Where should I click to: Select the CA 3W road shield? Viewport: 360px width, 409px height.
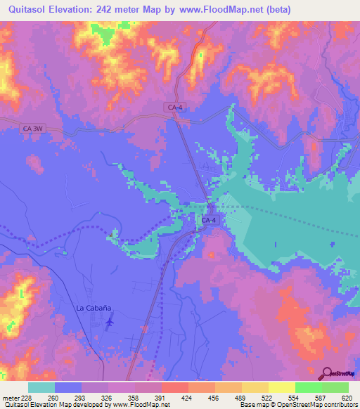click(x=33, y=129)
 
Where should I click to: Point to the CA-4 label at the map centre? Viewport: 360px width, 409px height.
click(x=210, y=221)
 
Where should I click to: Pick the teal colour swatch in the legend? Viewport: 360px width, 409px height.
click(x=41, y=387)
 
